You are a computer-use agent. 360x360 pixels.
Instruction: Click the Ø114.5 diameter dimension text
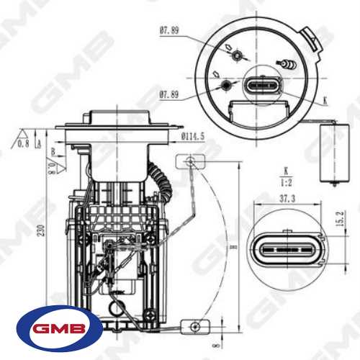pyautogui.click(x=193, y=135)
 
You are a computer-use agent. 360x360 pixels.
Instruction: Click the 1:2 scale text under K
pyautogui.click(x=286, y=182)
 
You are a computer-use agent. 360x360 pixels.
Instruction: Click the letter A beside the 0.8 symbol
pyautogui.click(x=38, y=144)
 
